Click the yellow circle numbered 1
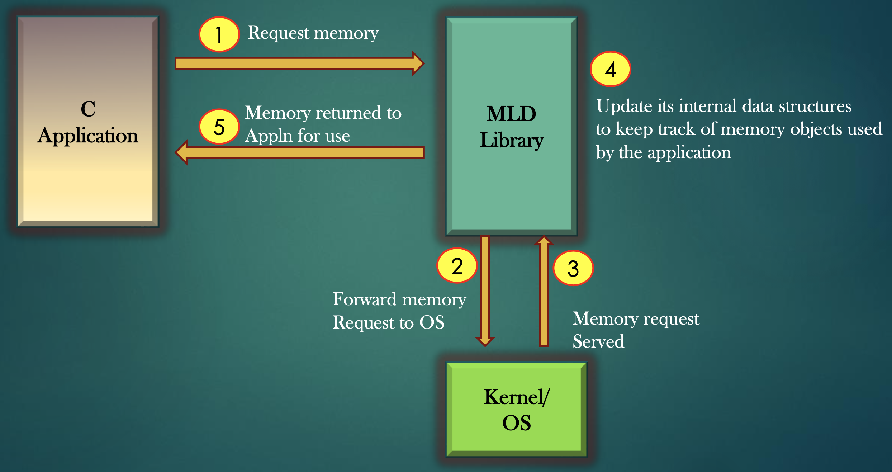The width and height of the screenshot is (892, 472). tap(219, 34)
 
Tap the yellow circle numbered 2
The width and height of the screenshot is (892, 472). tap(457, 266)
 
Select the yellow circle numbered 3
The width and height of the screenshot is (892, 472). tap(573, 268)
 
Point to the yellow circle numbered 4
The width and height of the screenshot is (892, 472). tap(611, 69)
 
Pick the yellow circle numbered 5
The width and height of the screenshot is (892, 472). tap(219, 127)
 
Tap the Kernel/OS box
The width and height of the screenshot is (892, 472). tap(516, 409)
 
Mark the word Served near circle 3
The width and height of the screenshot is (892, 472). tap(598, 341)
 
